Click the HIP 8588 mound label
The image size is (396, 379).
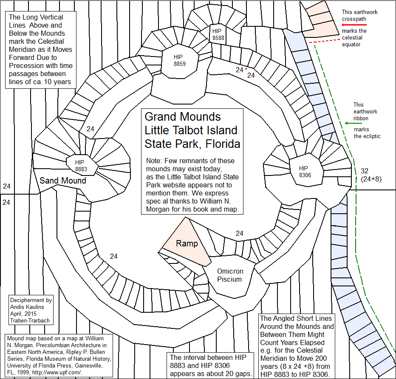(x=217, y=34)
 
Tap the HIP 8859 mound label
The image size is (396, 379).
(x=179, y=60)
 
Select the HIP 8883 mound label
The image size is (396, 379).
(x=81, y=166)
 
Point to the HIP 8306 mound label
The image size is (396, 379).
(x=305, y=171)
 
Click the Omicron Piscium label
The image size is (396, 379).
(x=229, y=275)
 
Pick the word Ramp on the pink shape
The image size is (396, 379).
(x=187, y=243)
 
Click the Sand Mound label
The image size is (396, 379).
(x=63, y=181)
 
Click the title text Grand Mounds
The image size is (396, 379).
(x=183, y=116)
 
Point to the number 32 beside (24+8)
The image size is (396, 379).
(x=364, y=171)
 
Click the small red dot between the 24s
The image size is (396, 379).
(x=246, y=69)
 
